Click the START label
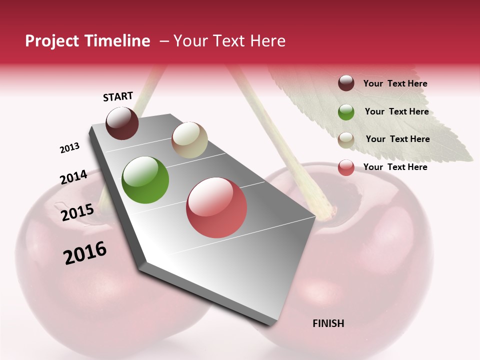point(118,96)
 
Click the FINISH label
point(328,323)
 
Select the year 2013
point(70,148)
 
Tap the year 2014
point(74,177)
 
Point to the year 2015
point(77,212)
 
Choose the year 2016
point(85,252)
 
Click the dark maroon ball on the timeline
point(122,123)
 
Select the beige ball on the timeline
point(189,140)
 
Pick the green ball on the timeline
point(145,180)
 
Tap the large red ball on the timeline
point(216,207)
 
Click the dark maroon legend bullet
point(346,83)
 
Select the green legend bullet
point(346,112)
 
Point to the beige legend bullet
point(346,139)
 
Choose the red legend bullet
point(346,167)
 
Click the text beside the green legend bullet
point(396,111)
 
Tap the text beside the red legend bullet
point(395,167)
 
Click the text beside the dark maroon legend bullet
point(395,83)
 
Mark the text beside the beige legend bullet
point(398,139)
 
